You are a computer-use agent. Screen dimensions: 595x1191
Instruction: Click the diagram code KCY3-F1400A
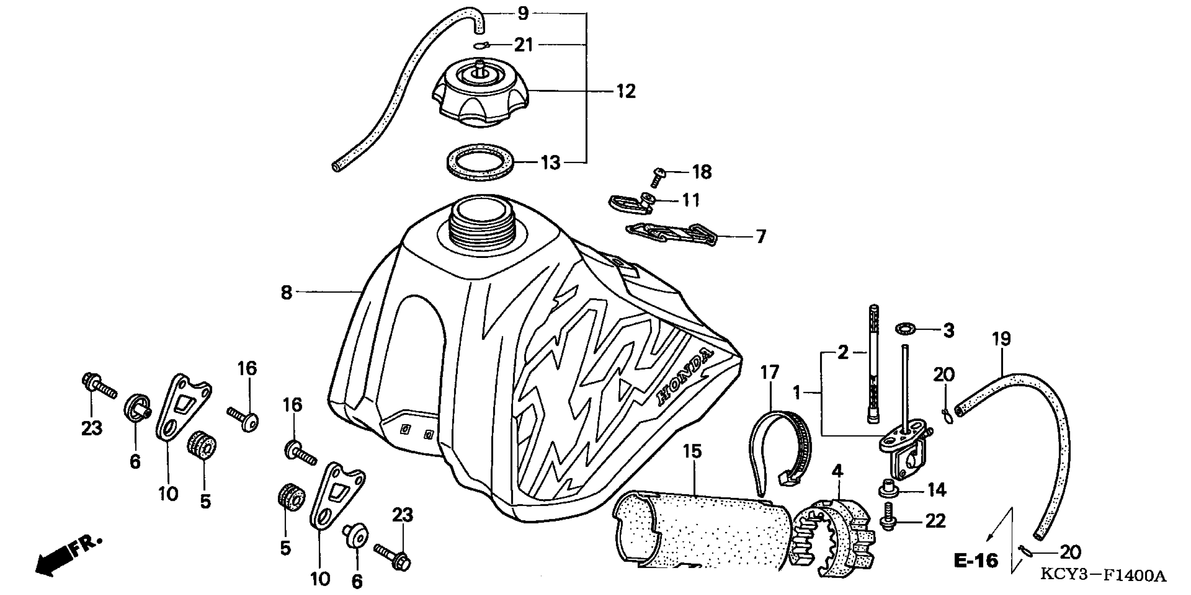click(x=1103, y=576)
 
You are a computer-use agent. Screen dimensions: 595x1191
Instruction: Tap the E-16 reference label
click(x=975, y=560)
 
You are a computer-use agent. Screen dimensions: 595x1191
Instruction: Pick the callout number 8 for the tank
click(x=287, y=292)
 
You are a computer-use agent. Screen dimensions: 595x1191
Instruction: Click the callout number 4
click(x=837, y=471)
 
